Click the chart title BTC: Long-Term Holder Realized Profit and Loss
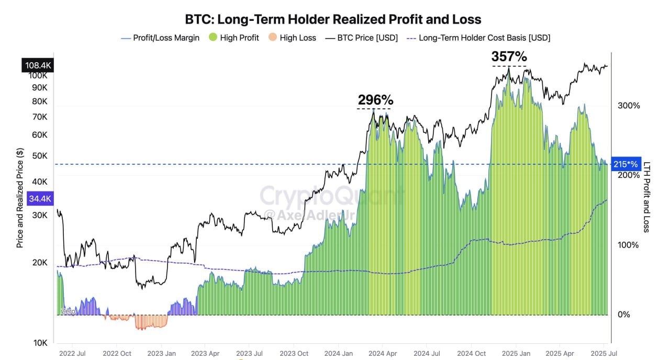point(333,19)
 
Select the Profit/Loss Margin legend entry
point(160,38)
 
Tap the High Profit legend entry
point(233,38)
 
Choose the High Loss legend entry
point(292,38)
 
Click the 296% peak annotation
point(375,99)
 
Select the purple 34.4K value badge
point(40,199)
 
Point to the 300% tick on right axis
point(629,106)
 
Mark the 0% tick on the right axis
point(623,314)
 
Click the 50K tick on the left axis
point(40,156)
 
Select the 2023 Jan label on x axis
point(162,354)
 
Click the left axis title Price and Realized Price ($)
point(20,198)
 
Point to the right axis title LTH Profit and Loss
point(646,197)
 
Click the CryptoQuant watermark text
point(331,196)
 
